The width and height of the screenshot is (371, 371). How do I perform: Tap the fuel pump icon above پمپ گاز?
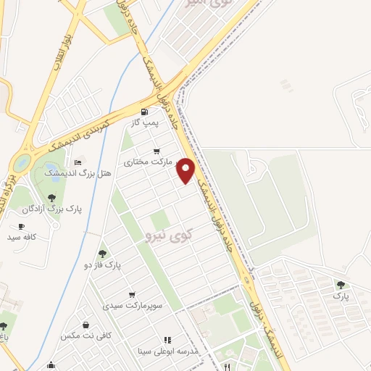click(x=144, y=112)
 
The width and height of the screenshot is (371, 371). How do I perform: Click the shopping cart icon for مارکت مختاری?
click(x=157, y=151)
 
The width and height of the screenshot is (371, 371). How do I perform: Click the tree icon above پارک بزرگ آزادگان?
click(x=51, y=197)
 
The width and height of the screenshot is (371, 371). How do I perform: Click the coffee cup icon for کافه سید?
click(x=21, y=226)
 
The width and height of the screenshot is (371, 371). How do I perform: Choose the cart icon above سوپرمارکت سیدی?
click(x=131, y=294)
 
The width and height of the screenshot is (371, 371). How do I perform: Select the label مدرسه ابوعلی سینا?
click(x=168, y=351)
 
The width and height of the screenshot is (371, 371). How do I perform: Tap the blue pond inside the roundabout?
click(x=22, y=162)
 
